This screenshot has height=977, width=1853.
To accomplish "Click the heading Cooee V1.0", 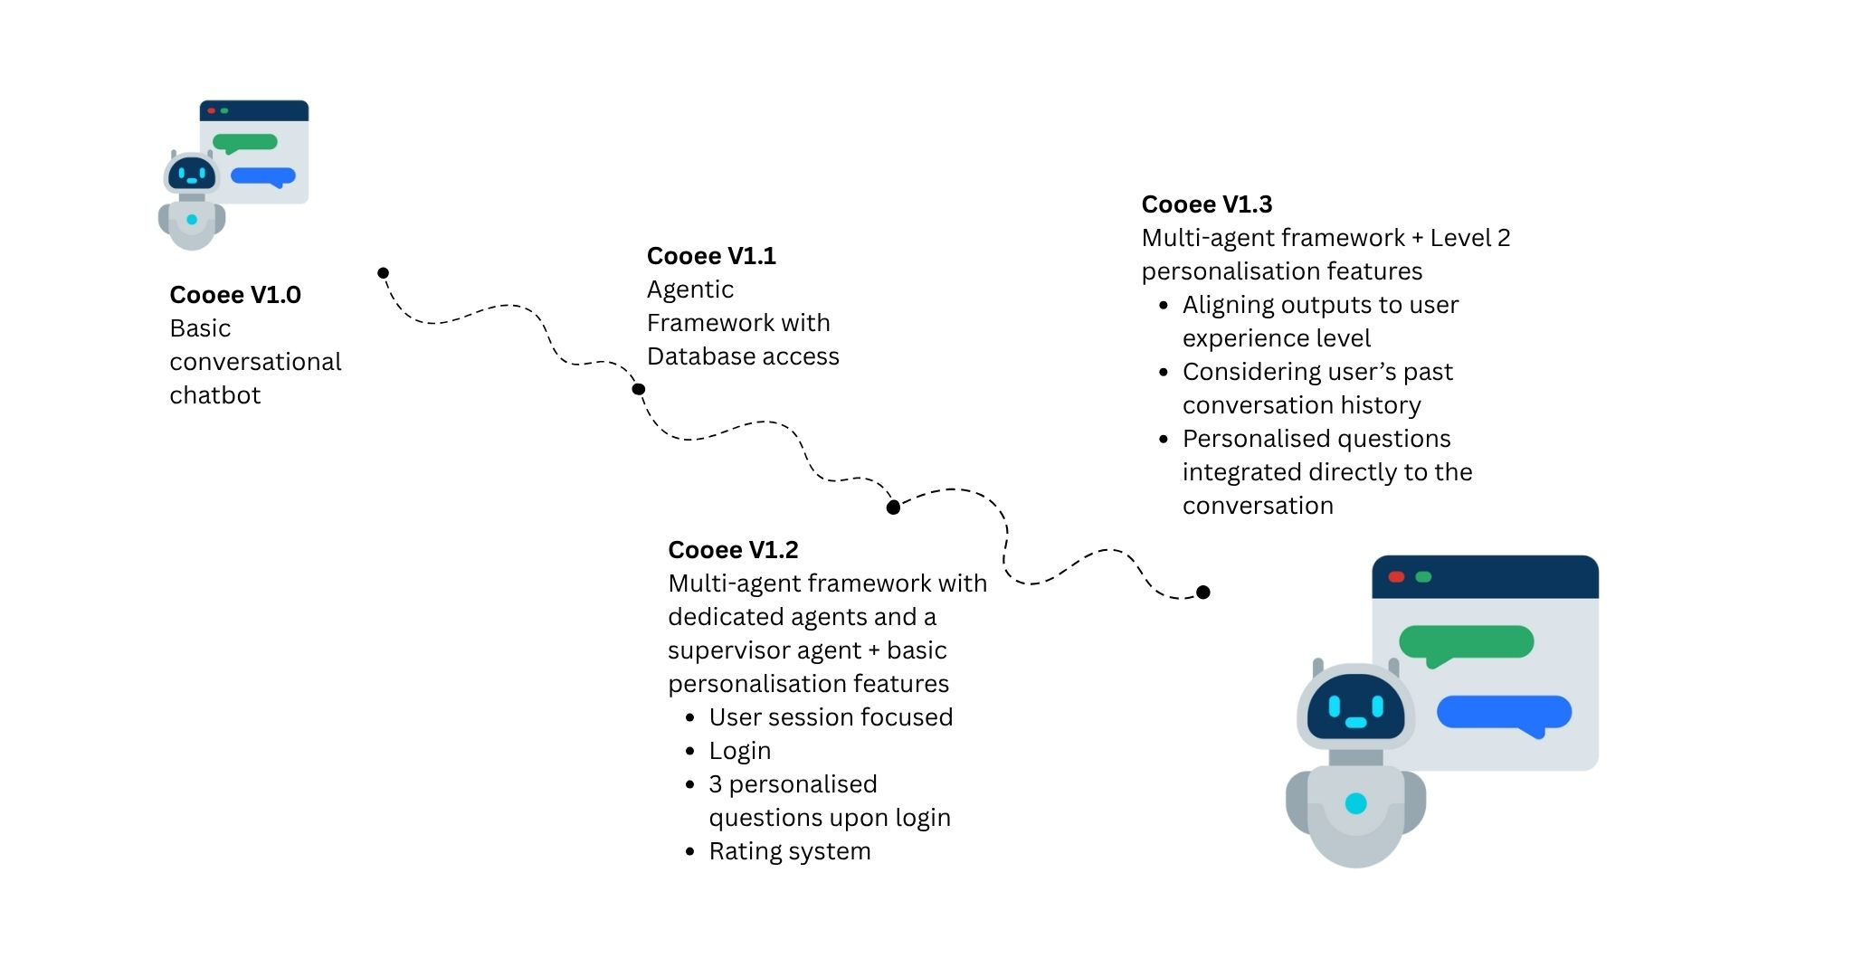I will pos(235,295).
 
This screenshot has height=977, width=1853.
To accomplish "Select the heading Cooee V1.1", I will pos(711,256).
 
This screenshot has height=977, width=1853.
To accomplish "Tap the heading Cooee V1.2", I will pos(733,550).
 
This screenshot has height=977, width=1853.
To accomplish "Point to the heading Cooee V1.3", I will pos(1206,204).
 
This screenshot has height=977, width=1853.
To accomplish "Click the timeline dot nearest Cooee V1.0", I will pos(384,273).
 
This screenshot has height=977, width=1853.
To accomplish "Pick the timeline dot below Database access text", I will pos(639,390).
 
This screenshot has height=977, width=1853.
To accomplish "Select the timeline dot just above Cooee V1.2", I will pos(893,507).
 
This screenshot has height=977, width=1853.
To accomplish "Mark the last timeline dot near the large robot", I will pos(1203,593).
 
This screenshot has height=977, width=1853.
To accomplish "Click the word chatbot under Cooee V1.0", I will pos(214,395).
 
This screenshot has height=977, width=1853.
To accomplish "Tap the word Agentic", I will pos(689,289).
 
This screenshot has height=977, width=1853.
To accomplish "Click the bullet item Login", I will pos(739,751).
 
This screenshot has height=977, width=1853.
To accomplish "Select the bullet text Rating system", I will pos(789,851).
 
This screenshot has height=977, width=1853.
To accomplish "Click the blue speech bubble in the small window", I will pos(263,176).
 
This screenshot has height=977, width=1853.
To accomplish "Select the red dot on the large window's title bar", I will pos(1396,577).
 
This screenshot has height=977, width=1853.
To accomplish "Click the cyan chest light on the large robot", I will pos(1355,803).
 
